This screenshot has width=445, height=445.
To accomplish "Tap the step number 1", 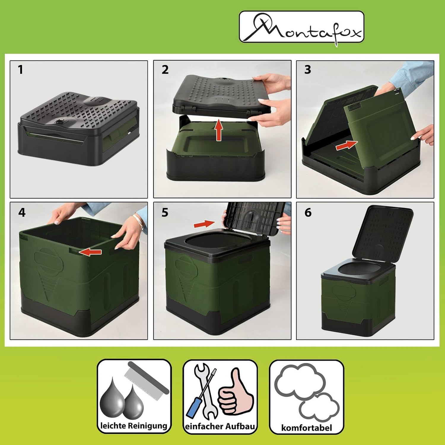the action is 20,70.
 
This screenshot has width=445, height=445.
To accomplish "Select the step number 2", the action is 165,70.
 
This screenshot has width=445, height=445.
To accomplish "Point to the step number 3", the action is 308,70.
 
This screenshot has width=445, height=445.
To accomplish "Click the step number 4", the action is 22,212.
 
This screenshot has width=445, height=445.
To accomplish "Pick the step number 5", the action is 165,212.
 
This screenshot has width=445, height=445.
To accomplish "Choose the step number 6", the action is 308,212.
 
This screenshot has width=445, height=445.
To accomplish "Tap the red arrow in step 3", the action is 347,145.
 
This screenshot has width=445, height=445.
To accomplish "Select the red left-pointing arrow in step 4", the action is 91,252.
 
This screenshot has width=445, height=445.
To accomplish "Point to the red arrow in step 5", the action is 204,224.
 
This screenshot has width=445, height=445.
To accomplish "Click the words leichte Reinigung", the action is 134,426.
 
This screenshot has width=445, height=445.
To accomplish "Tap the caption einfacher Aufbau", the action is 220,426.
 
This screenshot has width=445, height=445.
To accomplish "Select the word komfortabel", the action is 306,427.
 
